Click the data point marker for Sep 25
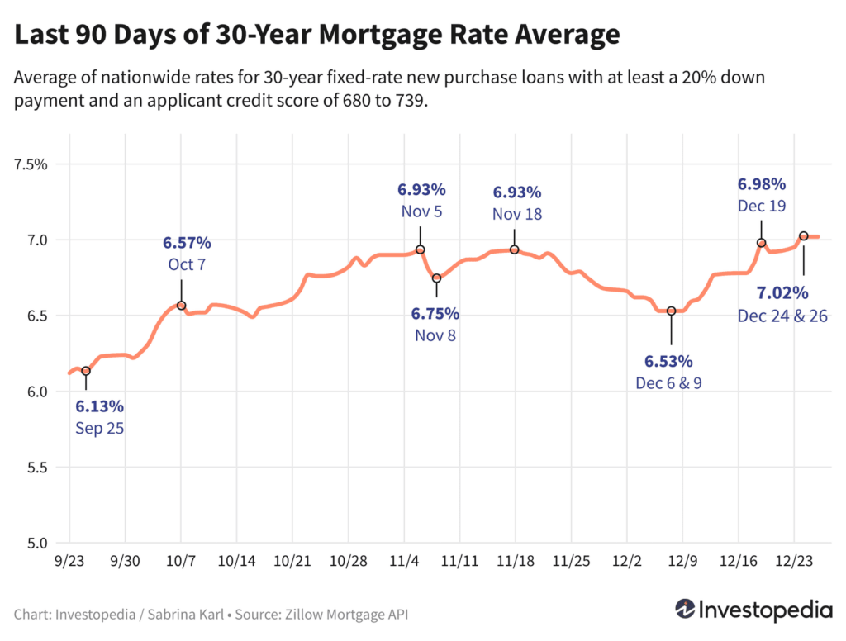point(86,371)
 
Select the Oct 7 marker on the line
point(182,306)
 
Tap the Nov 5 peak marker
point(420,249)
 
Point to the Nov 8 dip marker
point(437,278)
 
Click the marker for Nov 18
point(514,249)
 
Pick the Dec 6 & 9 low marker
point(672,311)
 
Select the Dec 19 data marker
point(762,243)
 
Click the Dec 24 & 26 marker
point(803,236)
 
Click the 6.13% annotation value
point(99,406)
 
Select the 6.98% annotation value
point(762,183)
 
